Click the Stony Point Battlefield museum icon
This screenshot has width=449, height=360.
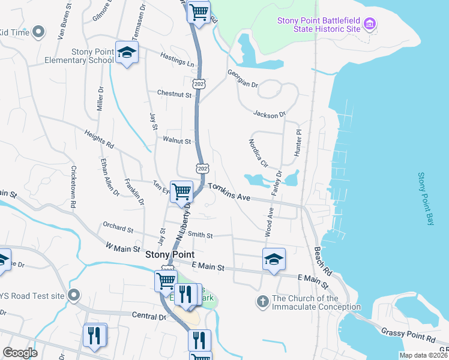[x=370, y=25]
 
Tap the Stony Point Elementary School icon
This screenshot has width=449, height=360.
[x=127, y=53]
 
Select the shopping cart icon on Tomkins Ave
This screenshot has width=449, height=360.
[x=181, y=193]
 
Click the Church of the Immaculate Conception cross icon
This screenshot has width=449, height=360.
[x=262, y=302]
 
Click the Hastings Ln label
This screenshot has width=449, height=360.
[x=178, y=59]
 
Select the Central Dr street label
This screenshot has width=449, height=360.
[x=148, y=315]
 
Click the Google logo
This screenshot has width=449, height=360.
[x=19, y=352]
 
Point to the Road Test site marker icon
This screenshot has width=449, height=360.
[x=74, y=295]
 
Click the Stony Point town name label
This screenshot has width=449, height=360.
[x=170, y=254]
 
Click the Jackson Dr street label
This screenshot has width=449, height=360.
[x=270, y=113]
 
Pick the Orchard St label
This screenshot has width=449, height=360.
[x=118, y=229]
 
